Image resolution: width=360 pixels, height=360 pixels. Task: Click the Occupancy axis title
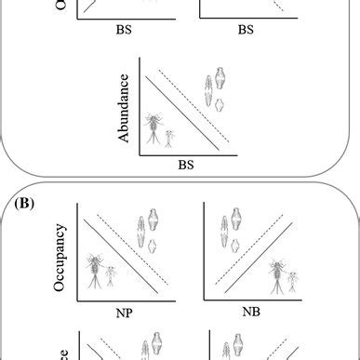point(61,256)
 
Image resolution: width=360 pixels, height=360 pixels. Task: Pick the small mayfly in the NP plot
point(110,276)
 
